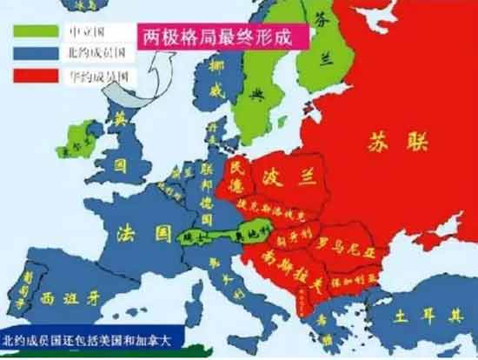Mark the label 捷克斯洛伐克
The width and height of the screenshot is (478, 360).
pyautogui.click(x=278, y=214)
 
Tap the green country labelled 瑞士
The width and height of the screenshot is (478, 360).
pyautogui.click(x=191, y=237)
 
